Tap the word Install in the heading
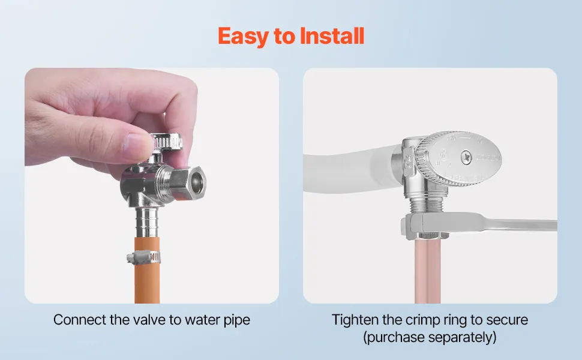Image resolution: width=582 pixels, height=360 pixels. pos(332,35)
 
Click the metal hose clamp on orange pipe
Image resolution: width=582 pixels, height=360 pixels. pos(143,257)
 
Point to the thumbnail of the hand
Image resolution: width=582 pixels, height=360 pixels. pos(140,146)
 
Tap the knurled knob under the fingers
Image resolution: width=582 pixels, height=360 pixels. pos(167,142)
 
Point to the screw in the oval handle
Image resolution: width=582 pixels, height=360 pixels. pos(467,157)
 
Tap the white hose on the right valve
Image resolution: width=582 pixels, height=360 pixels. pos(349,169)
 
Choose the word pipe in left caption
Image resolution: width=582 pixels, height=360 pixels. pos(237,320)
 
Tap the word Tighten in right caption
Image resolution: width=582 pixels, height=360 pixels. pos(356,320)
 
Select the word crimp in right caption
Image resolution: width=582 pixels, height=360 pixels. pos(424,320)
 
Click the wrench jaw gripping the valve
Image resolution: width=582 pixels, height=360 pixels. pos(427,226)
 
